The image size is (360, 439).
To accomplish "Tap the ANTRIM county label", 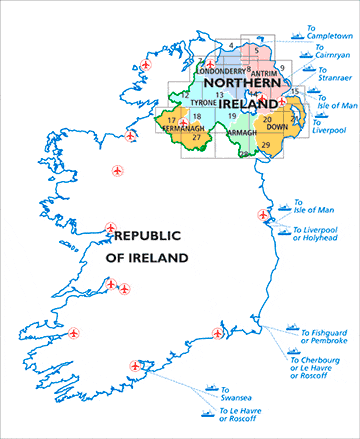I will coord(261,72).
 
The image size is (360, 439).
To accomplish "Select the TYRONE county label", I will coord(203,103).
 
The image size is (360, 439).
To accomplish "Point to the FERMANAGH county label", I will coord(182,128).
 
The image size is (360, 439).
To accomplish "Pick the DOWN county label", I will coord(276,128).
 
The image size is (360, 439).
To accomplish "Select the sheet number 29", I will coord(265,146).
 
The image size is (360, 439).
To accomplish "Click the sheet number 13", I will coord(219,94).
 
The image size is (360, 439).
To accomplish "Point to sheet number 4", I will coord(230,45).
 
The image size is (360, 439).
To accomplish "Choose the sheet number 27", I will coord(196,137).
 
